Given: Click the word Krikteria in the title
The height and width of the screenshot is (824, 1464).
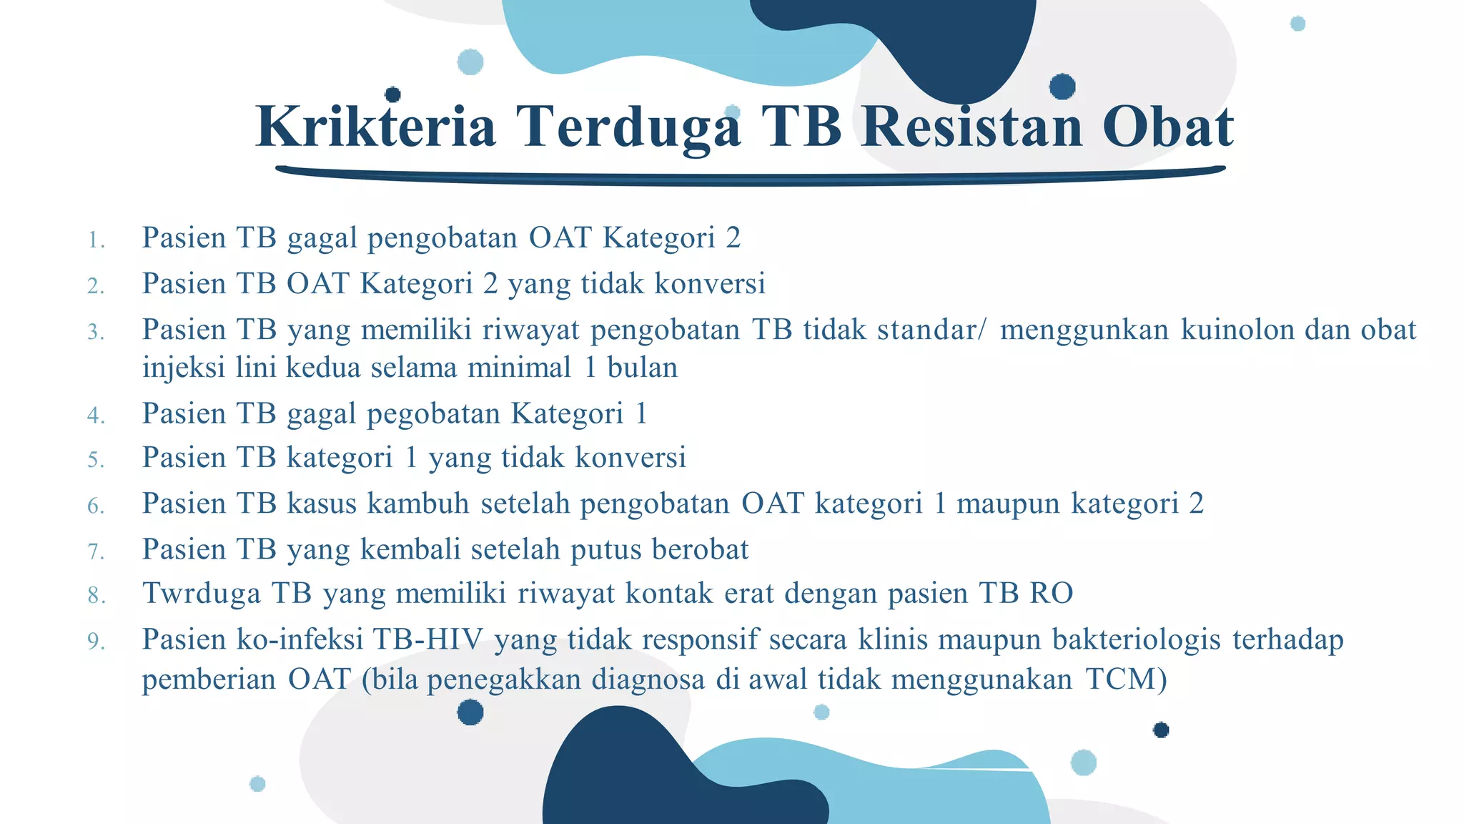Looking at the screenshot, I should point(376,127).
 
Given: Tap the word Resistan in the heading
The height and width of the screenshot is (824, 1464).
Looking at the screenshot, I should point(972,127).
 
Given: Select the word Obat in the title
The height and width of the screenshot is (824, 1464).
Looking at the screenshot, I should point(1168,127).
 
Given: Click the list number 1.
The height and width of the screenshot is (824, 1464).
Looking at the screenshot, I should point(96,240).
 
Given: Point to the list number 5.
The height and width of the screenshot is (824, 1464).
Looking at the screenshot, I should point(96,460).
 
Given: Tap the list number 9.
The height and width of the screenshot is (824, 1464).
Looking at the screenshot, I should point(96,642).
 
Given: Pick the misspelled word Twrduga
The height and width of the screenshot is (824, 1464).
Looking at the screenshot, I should point(202,593).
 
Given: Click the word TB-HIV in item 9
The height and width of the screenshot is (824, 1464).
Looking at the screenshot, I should point(428,639).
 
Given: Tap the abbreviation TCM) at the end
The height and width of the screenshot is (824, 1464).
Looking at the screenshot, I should point(1126,678).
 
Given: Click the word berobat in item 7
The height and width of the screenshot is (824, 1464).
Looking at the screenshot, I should point(700,549).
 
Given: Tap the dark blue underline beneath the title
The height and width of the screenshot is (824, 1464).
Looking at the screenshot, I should point(751,174).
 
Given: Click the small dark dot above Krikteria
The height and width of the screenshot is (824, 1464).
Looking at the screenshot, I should point(392,94).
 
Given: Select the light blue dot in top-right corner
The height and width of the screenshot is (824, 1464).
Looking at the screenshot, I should point(1297,24).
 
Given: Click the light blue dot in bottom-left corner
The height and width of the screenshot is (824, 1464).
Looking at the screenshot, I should point(257,784).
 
